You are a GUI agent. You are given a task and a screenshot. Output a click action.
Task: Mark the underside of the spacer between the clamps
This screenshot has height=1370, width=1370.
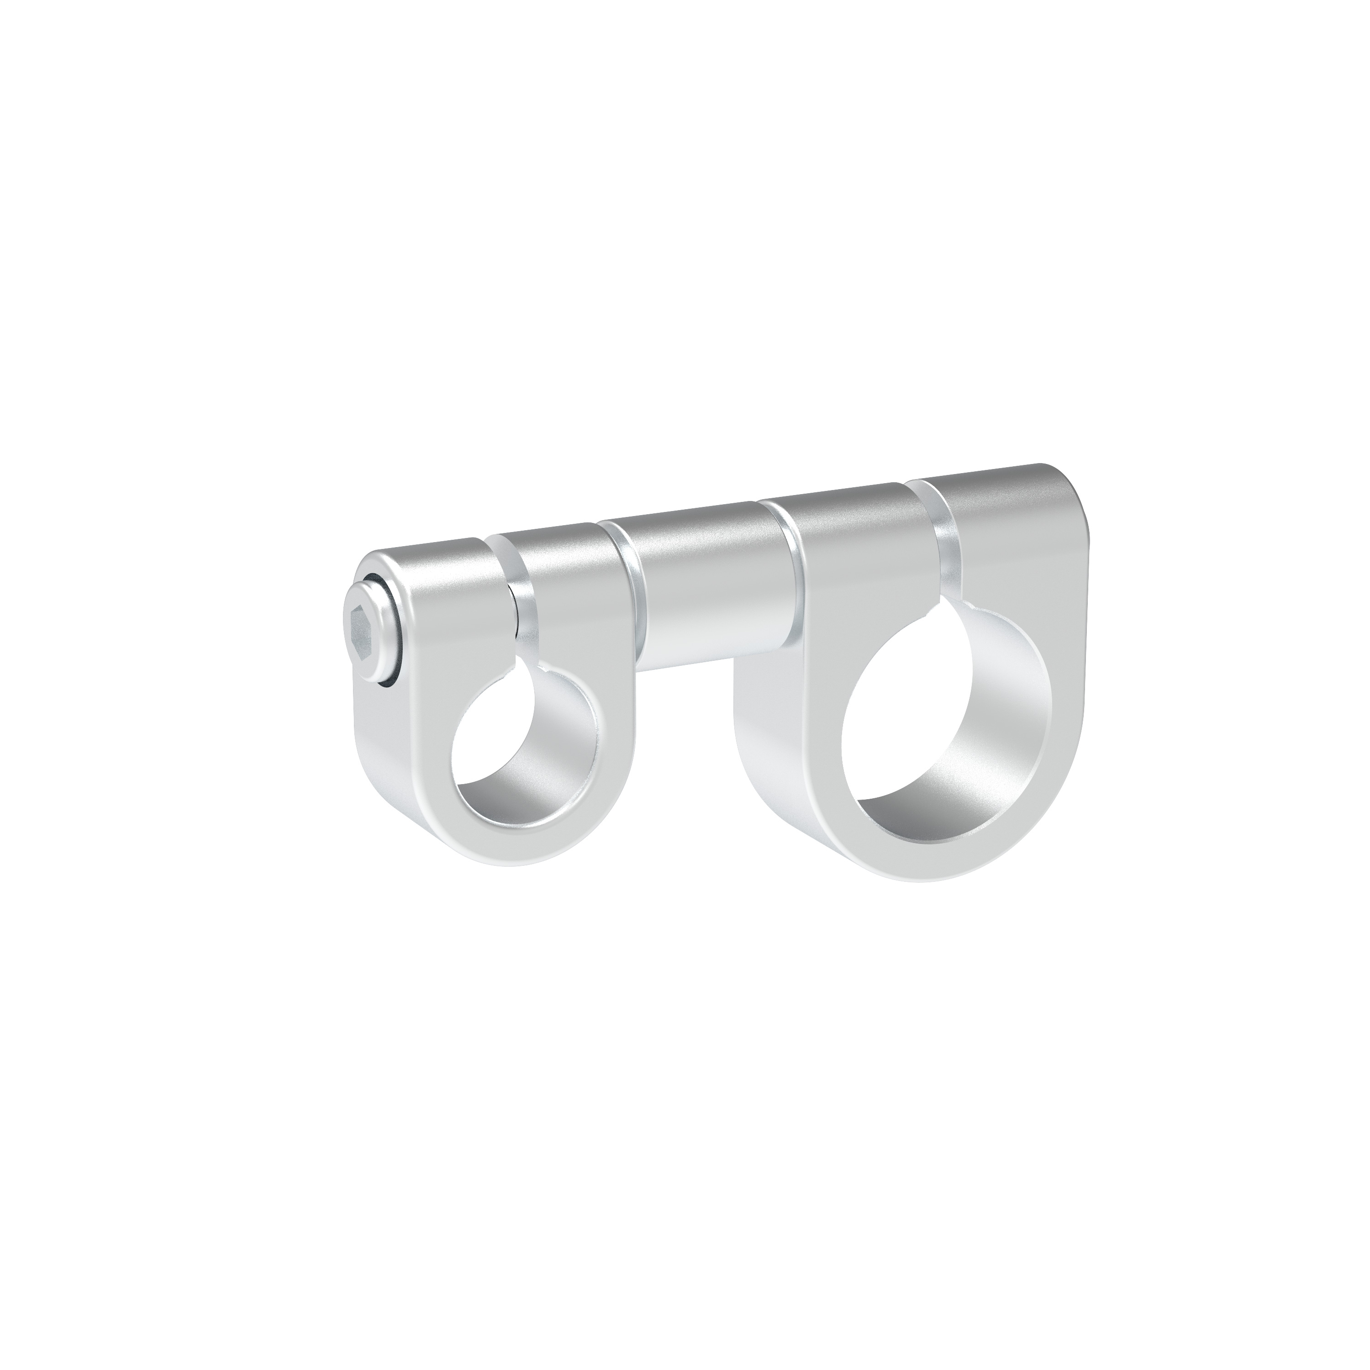pos(702,656)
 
